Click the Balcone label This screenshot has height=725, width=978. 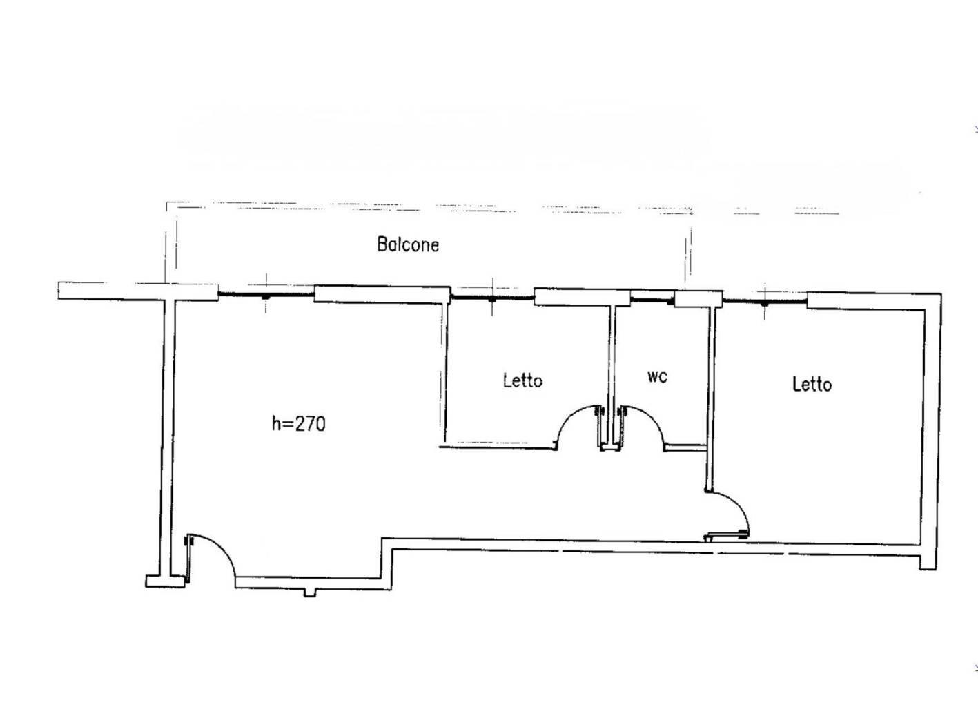point(408,244)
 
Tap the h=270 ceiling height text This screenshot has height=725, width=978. point(299,424)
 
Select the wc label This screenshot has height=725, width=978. point(657,377)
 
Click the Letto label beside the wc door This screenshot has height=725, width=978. point(522,380)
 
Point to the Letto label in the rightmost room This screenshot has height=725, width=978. point(812,384)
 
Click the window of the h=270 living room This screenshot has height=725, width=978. point(266,294)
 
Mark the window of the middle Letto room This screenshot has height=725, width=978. point(493,297)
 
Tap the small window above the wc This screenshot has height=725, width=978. point(653,300)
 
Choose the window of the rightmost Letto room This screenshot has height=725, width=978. point(765,301)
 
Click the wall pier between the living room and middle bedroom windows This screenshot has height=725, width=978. point(382,294)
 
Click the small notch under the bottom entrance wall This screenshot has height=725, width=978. point(311,592)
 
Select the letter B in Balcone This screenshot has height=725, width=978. point(382,244)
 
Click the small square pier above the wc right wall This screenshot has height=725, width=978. point(698,299)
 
